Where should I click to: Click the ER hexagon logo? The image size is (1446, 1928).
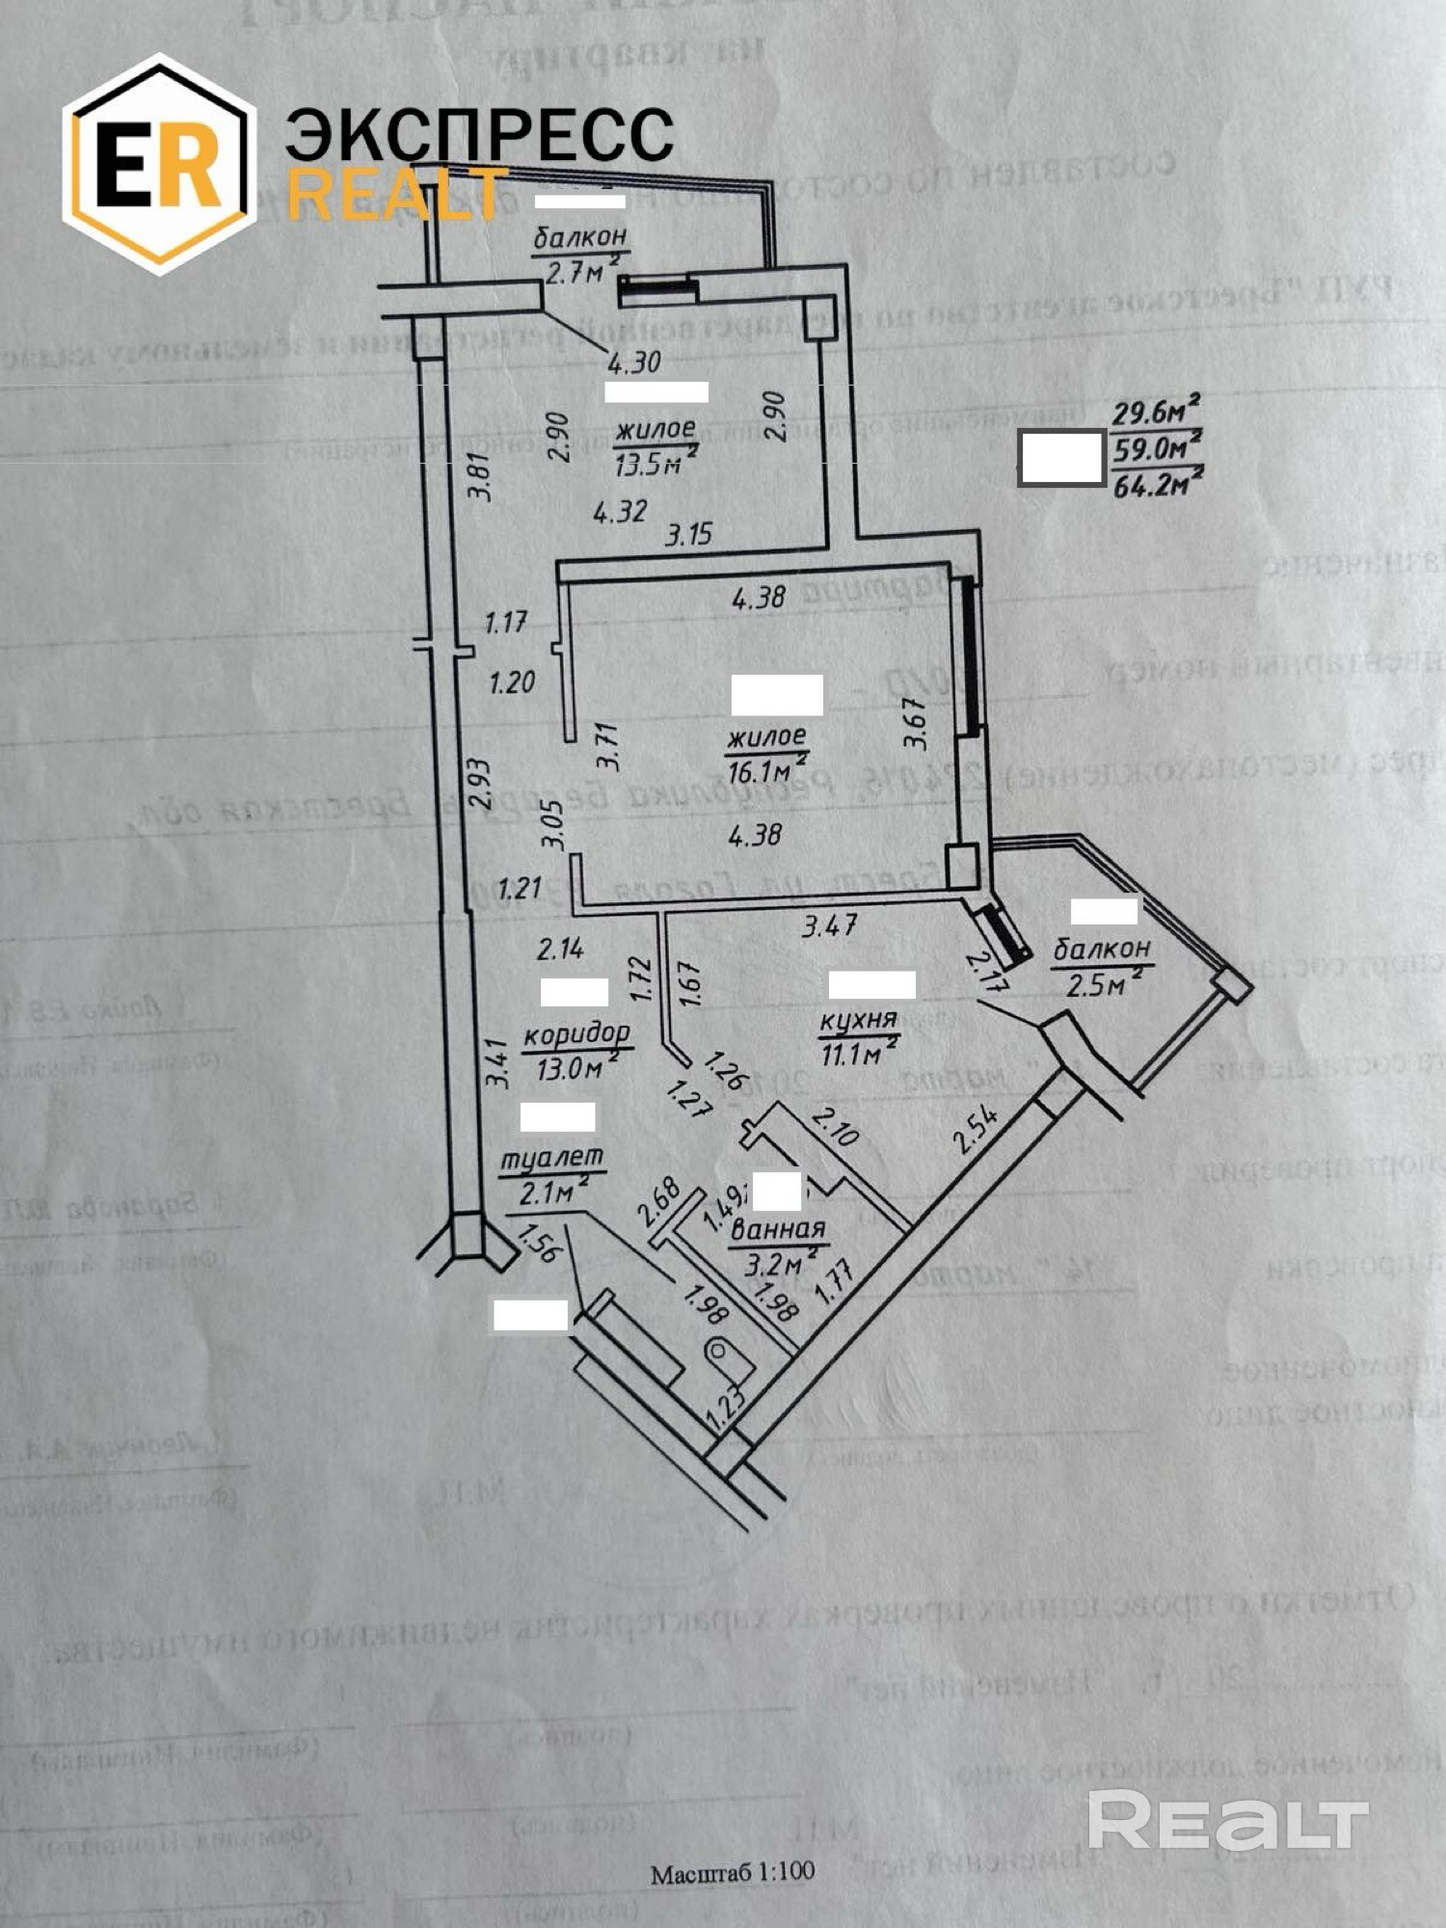[159, 164]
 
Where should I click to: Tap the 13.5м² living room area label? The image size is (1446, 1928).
[656, 464]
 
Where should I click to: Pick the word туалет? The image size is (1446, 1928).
[550, 1158]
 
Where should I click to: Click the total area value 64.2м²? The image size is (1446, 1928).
[1157, 483]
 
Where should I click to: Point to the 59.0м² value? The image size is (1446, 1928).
[1157, 449]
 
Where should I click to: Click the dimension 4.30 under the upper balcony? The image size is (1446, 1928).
[633, 363]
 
